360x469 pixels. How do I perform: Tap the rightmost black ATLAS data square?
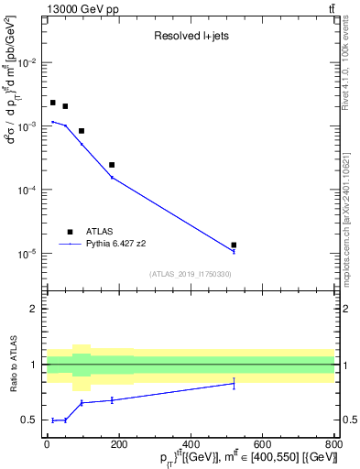234,245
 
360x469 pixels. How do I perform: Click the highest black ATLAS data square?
53,103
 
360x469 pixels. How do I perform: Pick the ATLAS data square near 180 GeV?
112,165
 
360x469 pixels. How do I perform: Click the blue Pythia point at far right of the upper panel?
234,251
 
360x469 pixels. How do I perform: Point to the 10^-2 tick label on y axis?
28,62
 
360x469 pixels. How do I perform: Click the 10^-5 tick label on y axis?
28,254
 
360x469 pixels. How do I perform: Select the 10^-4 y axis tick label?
28,190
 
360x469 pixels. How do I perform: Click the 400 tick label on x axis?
190,446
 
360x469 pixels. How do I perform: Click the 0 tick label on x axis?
47,446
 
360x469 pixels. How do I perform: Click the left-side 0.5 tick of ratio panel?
32,420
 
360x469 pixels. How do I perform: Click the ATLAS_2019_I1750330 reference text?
190,274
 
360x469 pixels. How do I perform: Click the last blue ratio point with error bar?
234,383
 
